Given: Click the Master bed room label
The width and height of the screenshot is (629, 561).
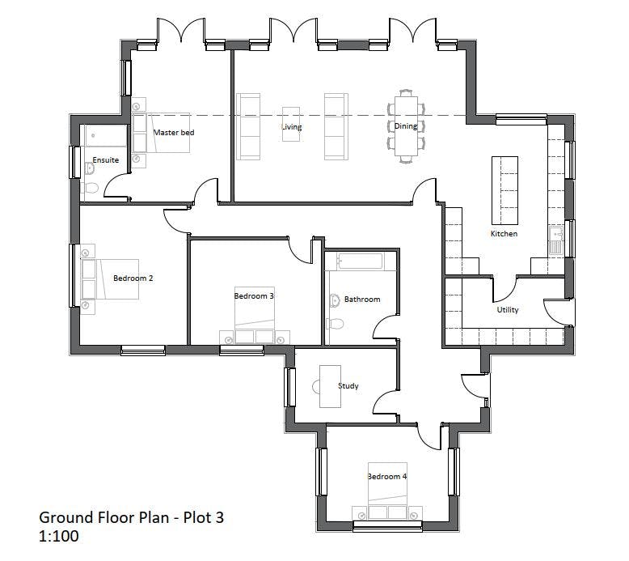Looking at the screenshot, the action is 174,133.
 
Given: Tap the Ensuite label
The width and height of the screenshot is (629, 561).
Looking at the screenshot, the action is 105,159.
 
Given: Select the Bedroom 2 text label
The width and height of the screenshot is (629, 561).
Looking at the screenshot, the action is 133,278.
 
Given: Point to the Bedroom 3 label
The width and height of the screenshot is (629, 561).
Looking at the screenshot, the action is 254,296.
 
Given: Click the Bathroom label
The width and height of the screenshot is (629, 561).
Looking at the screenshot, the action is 362,300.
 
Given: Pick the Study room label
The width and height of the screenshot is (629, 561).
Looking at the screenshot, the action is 348,386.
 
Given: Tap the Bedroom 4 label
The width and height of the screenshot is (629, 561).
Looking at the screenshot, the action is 387,477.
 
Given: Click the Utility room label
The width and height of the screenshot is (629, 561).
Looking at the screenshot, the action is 508,309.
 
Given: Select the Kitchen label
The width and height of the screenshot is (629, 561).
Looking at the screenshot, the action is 504,234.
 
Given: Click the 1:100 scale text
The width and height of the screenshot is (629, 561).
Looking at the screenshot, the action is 58,536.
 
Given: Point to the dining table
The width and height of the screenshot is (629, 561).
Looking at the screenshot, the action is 406,125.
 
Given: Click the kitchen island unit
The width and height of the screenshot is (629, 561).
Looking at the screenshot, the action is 504,190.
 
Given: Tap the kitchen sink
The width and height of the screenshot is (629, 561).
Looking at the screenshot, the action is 556,240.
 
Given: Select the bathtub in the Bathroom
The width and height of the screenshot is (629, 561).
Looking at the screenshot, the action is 360,261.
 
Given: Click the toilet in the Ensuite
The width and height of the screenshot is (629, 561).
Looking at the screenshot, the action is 91,188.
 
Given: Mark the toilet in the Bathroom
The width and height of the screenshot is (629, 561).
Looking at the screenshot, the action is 336,323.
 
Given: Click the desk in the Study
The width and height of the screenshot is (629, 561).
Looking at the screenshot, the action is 330,386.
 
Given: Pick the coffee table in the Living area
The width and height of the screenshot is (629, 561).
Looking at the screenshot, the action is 291,124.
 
